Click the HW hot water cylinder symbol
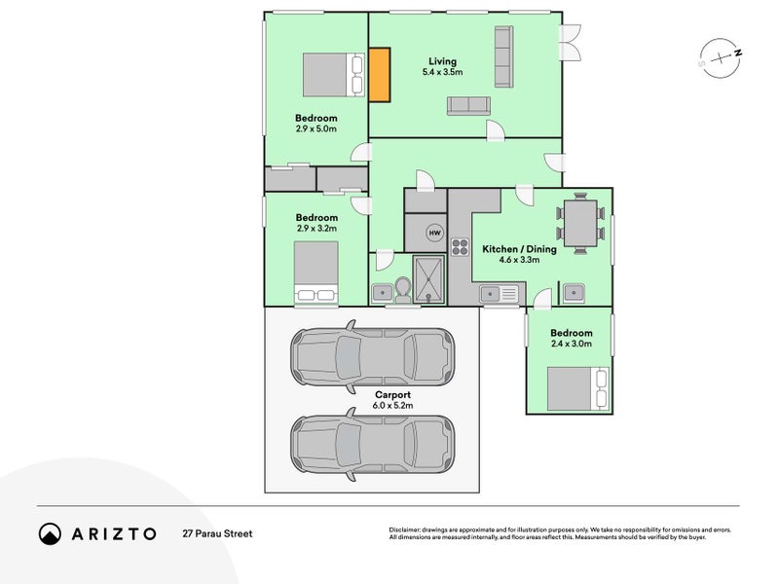pos(434,233)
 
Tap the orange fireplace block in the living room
pos(380,75)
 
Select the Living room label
pos(442,61)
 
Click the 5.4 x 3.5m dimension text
pos(442,72)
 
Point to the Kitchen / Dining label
pos(519,249)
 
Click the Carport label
pos(392,395)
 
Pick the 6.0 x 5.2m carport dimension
pos(392,405)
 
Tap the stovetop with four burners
pos(460,247)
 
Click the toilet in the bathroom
pos(403,290)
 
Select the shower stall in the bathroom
pos(428,279)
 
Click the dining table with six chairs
pos(580,224)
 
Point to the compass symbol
pos(721,58)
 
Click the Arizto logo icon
pos(50,533)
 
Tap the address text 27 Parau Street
pos(217,533)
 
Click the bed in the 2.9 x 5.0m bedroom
pos(333,75)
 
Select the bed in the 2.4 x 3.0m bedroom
pos(577,388)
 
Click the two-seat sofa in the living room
pos(468,106)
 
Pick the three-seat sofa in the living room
pos(503,57)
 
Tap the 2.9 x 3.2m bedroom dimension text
pos(316,229)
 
